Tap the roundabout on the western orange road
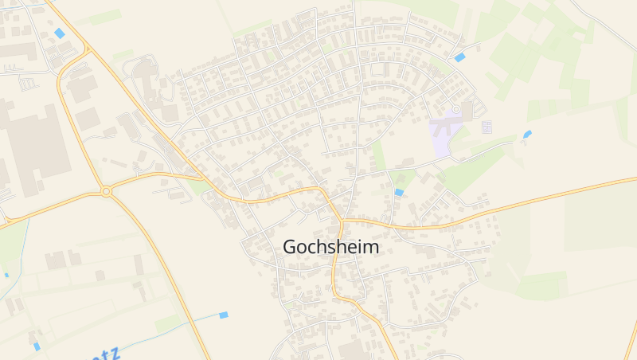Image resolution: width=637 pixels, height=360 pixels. [106, 191]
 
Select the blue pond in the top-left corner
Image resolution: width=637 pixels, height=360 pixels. [60, 33]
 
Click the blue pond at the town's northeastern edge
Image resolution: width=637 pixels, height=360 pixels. [459, 57]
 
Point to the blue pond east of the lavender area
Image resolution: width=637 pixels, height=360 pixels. [527, 134]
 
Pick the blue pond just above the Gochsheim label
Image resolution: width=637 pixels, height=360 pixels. [399, 192]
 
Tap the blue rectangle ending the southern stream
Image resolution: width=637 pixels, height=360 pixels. [224, 315]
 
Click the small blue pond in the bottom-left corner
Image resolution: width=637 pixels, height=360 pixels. [37, 346]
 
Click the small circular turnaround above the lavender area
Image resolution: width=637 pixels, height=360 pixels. [455, 109]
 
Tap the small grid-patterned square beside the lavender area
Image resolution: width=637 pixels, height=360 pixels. [487, 126]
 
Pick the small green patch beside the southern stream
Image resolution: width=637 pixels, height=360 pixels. [169, 323]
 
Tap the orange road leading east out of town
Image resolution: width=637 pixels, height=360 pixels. [518, 205]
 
